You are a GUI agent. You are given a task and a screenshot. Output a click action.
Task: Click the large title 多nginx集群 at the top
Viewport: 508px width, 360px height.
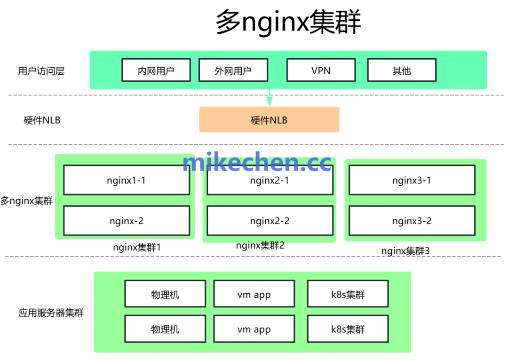tap(288, 22)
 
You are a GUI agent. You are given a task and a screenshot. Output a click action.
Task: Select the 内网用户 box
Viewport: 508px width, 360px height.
tap(156, 70)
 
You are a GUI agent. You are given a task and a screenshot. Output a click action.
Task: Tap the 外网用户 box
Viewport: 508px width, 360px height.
tap(233, 70)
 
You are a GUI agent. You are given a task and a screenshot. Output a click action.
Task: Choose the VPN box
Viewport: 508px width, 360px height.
tap(321, 70)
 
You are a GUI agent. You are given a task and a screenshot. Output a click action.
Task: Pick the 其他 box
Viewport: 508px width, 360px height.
tap(401, 70)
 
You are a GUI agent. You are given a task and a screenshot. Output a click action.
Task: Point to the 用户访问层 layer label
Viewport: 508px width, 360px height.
tap(41, 71)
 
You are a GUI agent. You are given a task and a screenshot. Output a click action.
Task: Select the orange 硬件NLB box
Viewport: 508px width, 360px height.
tap(269, 120)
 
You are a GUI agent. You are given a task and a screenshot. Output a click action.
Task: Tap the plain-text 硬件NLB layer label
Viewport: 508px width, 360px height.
tap(42, 120)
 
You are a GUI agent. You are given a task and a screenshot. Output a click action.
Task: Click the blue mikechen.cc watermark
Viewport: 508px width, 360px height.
tap(257, 162)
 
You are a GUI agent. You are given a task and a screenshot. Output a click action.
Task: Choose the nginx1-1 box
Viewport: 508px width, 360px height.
tap(126, 180)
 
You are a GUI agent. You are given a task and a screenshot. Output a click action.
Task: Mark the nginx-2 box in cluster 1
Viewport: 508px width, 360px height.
tap(126, 220)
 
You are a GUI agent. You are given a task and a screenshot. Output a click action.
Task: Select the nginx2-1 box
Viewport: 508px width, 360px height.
tap(270, 180)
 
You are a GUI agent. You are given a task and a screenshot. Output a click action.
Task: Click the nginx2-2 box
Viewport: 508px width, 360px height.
tap(270, 220)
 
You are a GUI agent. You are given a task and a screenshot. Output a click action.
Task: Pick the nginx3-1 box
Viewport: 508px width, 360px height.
tap(412, 180)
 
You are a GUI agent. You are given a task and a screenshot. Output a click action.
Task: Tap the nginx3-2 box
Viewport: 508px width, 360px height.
tap(412, 220)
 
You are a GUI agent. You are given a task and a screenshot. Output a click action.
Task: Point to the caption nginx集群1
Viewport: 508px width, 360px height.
tap(136, 247)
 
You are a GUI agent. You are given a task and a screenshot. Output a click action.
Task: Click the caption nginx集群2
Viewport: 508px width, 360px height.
tap(260, 245)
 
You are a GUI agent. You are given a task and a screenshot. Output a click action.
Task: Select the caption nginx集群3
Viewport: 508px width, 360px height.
tap(405, 250)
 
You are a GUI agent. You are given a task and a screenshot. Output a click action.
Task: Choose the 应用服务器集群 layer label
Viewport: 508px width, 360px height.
tap(51, 313)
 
